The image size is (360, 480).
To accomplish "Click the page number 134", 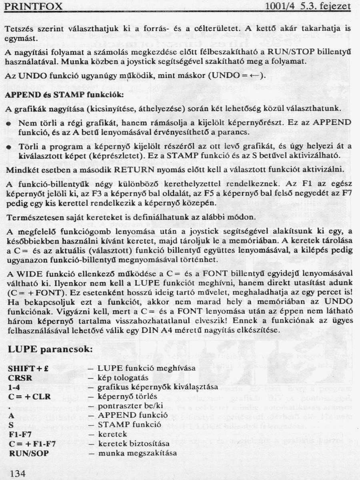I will pyautogui.click(x=18, y=474).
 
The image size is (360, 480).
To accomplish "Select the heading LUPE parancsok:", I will pyautogui.click(x=50, y=349).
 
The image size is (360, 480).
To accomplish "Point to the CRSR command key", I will pyautogui.click(x=20, y=378).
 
